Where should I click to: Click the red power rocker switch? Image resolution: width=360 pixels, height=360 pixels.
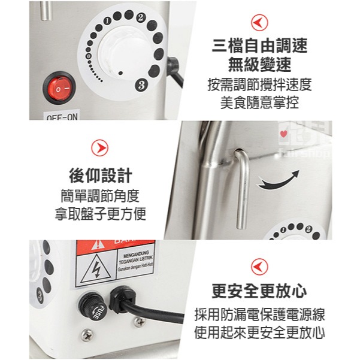tap(59, 89)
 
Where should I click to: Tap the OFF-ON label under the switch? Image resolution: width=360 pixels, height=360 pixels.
tap(62, 117)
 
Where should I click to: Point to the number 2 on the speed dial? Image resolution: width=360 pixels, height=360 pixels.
tap(140, 17)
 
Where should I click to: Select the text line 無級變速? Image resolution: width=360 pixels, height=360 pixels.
tap(259, 64)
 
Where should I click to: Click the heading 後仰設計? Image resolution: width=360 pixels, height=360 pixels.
tap(100, 176)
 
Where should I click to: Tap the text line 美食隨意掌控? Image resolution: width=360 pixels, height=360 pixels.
tap(259, 102)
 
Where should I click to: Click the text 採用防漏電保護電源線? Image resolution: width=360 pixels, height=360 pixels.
tap(259, 314)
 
